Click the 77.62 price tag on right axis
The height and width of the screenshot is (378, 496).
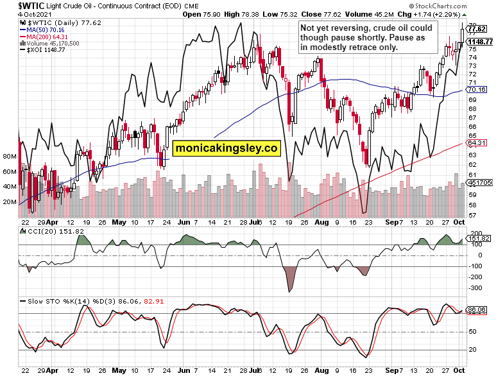[x=477, y=29]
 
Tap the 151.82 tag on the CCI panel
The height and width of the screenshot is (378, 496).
[x=479, y=239]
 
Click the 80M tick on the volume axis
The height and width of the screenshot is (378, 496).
[x=10, y=156]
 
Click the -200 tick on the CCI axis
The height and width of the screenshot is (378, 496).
[x=476, y=277]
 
